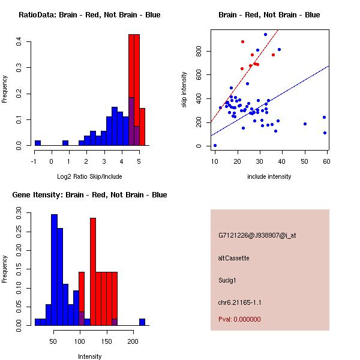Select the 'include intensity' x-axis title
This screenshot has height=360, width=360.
click(x=269, y=176)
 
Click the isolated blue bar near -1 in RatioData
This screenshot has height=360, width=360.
click(x=38, y=143)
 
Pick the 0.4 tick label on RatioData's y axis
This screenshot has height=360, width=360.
click(x=20, y=41)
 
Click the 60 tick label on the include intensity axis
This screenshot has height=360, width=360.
click(x=327, y=161)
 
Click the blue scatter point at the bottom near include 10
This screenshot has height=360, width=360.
click(x=215, y=145)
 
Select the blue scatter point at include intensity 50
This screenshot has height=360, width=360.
click(x=305, y=124)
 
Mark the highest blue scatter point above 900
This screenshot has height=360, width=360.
click(x=265, y=35)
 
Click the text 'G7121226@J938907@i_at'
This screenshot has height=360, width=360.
click(x=257, y=235)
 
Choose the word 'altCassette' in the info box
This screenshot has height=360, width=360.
click(x=233, y=258)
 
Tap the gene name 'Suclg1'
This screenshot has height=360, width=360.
click(x=229, y=280)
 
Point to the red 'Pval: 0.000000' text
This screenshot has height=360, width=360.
click(x=239, y=319)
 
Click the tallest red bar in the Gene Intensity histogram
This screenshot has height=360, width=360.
click(x=93, y=270)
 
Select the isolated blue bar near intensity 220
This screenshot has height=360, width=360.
click(x=142, y=322)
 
